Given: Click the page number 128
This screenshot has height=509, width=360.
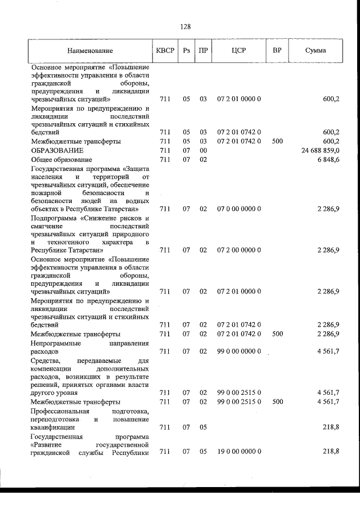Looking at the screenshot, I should [x=186, y=26].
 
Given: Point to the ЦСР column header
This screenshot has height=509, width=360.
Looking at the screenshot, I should [x=238, y=51].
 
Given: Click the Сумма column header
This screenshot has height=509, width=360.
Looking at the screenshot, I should [x=316, y=51].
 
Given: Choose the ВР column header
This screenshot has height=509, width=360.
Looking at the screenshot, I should [x=277, y=51].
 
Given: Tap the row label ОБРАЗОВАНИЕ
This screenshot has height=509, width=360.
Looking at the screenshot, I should [x=58, y=151].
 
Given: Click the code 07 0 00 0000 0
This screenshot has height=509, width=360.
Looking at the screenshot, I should [x=238, y=209].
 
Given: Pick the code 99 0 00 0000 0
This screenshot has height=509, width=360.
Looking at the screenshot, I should [x=238, y=352].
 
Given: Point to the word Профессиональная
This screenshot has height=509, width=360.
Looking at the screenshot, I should [x=61, y=411].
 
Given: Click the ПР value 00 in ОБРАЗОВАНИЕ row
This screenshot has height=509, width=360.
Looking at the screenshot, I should [x=203, y=151].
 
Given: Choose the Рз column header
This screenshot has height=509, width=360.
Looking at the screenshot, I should [x=186, y=51].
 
